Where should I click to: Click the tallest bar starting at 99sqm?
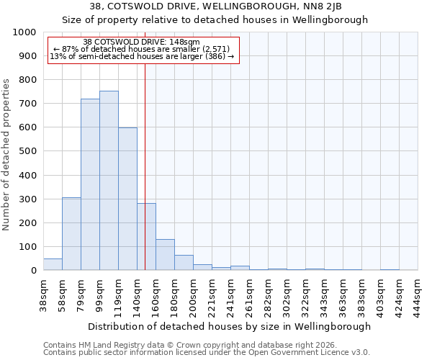pyautogui.click(x=109, y=180)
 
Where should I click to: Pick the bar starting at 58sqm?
pyautogui.click(x=71, y=234)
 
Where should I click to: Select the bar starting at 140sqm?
pyautogui.click(x=146, y=237)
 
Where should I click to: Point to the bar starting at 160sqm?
pyautogui.click(x=165, y=255)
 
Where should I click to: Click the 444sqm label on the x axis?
pyautogui.click(x=418, y=295)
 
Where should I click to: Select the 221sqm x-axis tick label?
pyautogui.click(x=212, y=295)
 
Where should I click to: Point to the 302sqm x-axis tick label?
pyautogui.click(x=287, y=295)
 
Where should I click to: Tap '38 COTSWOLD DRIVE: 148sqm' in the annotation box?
pyautogui.click(x=142, y=42)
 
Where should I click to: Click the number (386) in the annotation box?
pyautogui.click(x=217, y=56)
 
